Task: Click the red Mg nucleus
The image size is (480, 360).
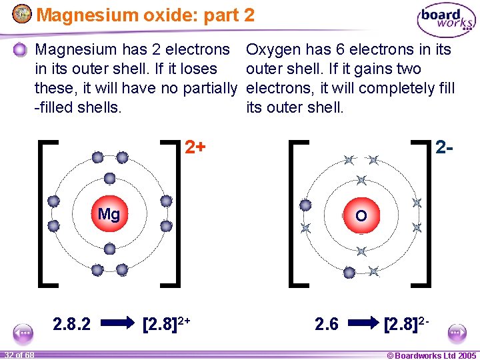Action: (109, 215)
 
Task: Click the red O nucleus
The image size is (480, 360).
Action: (361, 215)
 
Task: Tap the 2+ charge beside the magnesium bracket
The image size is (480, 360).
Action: (195, 147)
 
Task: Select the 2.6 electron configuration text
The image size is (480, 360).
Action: (327, 324)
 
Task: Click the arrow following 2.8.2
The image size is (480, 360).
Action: (120, 324)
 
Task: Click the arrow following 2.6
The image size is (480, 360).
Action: (363, 324)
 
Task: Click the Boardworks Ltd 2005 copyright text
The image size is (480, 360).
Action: (431, 355)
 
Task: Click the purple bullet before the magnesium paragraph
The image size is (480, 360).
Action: (21, 49)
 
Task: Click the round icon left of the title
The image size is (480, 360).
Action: (21, 13)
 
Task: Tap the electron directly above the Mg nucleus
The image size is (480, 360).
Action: (109, 179)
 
